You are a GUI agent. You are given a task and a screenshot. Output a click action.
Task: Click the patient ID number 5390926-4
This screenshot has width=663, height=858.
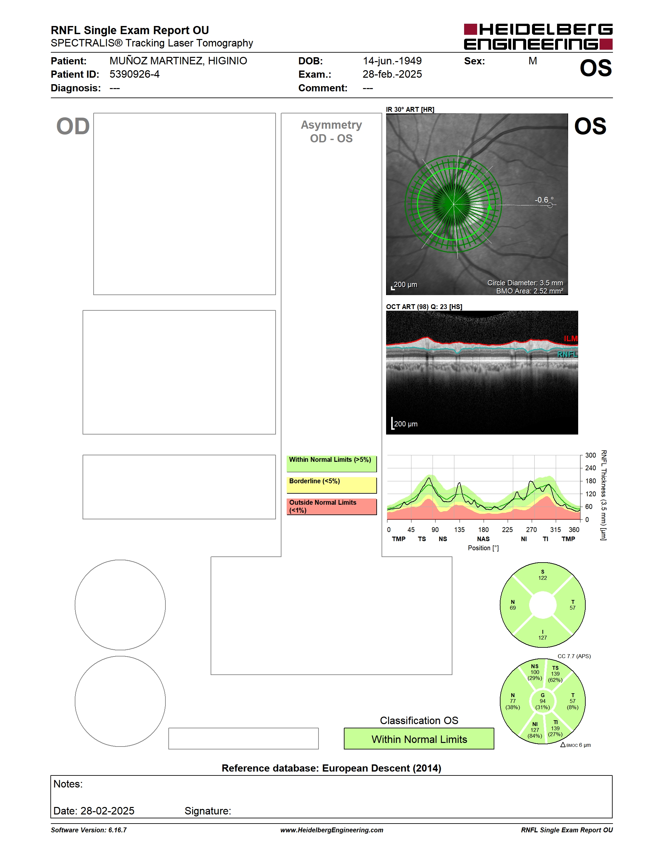[134, 74]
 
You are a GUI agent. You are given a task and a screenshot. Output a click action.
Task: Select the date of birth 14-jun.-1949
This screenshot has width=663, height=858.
[392, 61]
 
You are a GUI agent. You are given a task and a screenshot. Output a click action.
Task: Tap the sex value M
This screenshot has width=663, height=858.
[532, 61]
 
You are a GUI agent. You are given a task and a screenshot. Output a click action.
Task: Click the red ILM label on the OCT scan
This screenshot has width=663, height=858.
[570, 338]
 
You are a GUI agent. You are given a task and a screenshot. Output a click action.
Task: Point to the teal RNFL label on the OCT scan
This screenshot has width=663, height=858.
[567, 354]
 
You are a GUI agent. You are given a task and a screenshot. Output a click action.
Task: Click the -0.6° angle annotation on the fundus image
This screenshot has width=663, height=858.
[544, 200]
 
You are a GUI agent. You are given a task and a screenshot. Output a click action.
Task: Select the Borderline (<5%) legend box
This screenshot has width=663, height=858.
[331, 485]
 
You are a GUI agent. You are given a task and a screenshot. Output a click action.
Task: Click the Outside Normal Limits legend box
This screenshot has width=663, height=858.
[331, 506]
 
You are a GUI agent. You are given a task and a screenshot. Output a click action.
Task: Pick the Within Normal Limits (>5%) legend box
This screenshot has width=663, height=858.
[331, 463]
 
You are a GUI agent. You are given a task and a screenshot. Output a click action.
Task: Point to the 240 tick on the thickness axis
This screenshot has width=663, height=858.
[590, 468]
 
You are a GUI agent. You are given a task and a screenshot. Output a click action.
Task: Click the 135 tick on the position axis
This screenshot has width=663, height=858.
[459, 529]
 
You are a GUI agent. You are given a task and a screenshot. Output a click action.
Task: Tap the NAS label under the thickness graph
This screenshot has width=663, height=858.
[483, 539]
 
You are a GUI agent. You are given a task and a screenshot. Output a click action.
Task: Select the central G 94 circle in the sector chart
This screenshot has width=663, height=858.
[542, 701]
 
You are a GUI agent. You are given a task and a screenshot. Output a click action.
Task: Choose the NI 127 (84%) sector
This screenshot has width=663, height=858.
[535, 730]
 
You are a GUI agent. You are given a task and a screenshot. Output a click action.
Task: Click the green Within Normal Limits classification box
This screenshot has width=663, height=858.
[419, 739]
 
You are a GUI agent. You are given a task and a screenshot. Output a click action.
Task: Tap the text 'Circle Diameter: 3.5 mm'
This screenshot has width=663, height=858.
[525, 283]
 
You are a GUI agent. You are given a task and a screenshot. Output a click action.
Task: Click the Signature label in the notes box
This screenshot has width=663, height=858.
[208, 811]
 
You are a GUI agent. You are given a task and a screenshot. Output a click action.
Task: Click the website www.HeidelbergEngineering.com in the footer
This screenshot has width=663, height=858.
[331, 830]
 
